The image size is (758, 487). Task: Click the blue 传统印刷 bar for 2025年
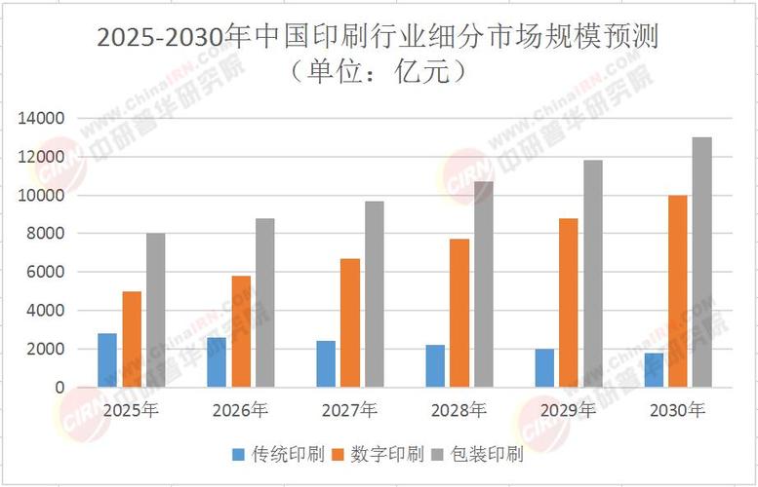coord(106,359)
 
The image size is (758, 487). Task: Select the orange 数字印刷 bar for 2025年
coord(132,339)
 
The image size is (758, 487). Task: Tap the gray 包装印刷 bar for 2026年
coord(265,302)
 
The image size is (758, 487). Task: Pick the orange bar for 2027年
coord(350,322)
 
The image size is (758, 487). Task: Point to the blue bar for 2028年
coord(435,365)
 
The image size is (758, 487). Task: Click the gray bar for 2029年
coord(593,273)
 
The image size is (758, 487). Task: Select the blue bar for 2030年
coord(653,370)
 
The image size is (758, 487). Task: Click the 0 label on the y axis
coord(60,388)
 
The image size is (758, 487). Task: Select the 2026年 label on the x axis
coord(240,410)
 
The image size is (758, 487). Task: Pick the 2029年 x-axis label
coord(568,410)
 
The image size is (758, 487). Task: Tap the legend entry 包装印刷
coord(490,455)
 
